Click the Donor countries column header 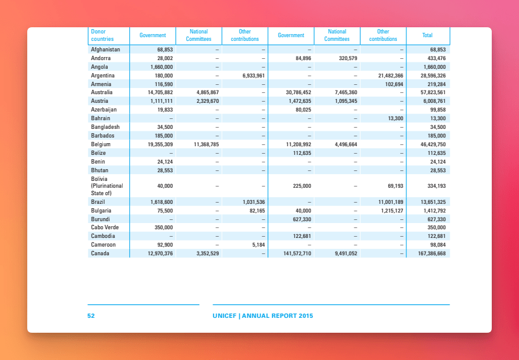click(102, 35)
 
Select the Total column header click(427, 35)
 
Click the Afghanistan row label click(105, 50)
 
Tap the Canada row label click(100, 253)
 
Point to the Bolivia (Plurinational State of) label click(107, 186)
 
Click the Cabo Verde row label click(105, 227)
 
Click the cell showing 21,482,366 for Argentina click(391, 76)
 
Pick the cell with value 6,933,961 click(253, 76)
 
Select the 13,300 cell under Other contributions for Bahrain click(396, 118)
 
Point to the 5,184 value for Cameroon click(258, 245)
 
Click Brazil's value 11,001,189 click(391, 202)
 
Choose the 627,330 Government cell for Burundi click(302, 219)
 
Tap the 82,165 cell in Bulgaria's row click(257, 211)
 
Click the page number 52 click(91, 316)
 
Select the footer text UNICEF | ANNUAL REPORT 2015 click(263, 316)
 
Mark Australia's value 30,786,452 click(299, 92)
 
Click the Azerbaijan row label click(104, 110)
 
